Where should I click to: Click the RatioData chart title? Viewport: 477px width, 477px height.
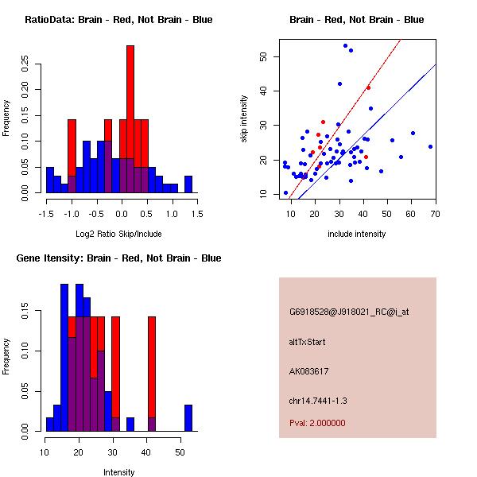pos(118,19)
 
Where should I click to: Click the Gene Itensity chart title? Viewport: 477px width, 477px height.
pos(118,258)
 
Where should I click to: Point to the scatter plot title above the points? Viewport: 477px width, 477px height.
pos(356,19)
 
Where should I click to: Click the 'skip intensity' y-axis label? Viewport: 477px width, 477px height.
pos(244,119)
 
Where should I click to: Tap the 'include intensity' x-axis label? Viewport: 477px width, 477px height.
pos(356,234)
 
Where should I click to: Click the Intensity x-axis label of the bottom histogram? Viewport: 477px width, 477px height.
pos(118,472)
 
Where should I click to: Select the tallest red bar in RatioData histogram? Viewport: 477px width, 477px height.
pos(130,103)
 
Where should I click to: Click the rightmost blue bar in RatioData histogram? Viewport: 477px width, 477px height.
pos(188,184)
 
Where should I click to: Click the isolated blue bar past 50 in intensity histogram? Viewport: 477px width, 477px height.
pos(188,418)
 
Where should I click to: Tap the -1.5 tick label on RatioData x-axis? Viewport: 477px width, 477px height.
pos(47,214)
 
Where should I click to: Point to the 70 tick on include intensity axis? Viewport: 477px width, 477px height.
pos(436,214)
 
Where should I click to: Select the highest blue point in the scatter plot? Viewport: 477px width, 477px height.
pos(345,45)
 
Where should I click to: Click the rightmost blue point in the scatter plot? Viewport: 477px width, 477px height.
pos(430,146)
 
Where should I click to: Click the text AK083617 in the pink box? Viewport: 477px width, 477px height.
pos(309,370)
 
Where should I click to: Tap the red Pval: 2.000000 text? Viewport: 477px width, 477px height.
pos(317,423)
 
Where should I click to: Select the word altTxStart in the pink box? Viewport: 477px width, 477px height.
pos(308,342)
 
